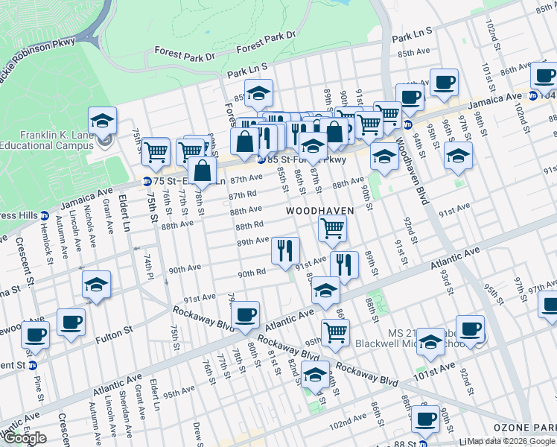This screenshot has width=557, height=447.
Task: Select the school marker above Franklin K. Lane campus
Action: click(103, 121)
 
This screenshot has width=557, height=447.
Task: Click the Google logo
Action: click(25, 438)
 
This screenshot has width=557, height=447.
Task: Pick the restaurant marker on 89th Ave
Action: click(285, 252)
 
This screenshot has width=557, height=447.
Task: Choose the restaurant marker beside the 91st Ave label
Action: click(344, 265)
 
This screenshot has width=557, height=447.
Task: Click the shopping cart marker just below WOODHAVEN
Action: click(332, 229)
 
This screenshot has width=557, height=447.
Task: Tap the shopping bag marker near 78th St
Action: click(203, 171)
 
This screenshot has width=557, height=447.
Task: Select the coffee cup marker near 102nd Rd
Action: click(426, 419)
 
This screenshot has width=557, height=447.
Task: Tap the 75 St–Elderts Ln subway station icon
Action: click(147, 181)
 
